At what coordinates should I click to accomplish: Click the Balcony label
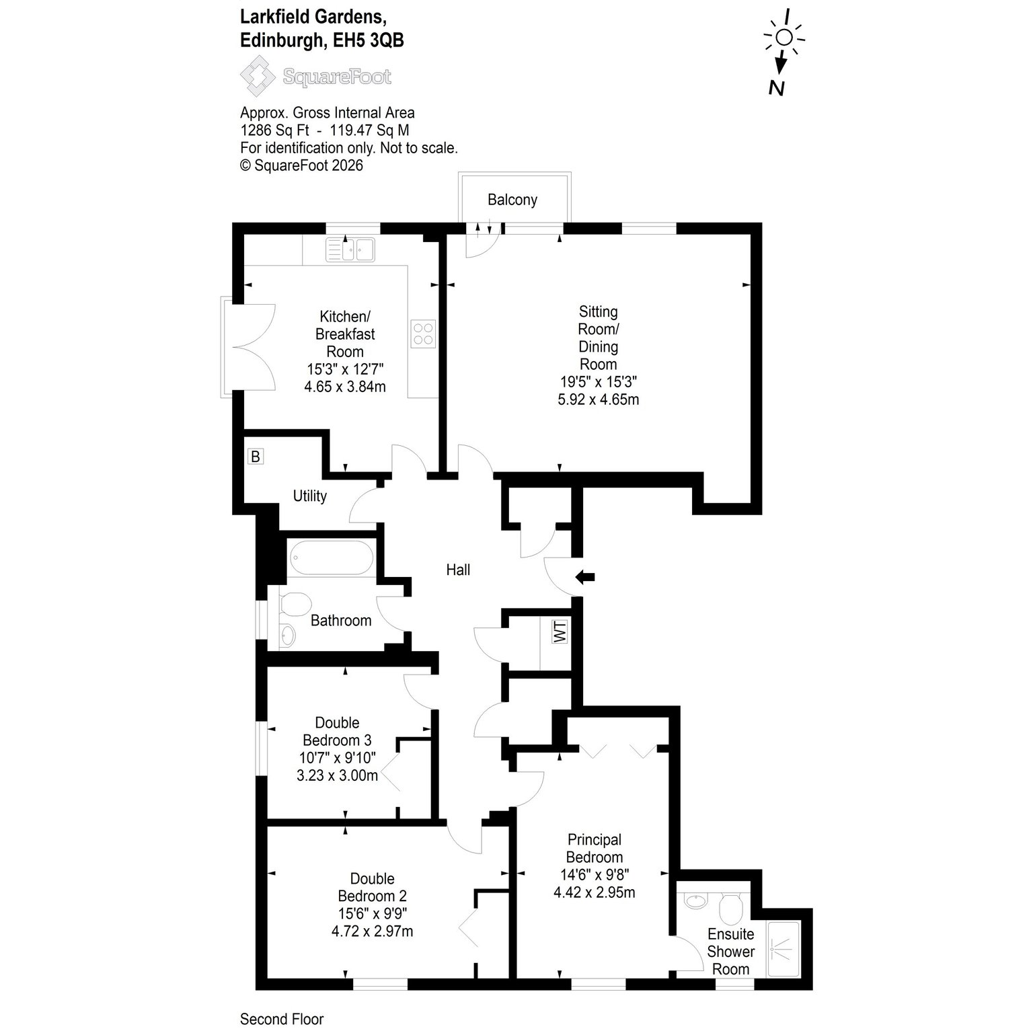(x=512, y=200)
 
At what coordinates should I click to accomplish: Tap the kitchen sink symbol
(x=350, y=250)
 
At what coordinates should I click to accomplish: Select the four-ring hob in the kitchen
(x=423, y=333)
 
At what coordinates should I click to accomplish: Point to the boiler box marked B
(x=255, y=457)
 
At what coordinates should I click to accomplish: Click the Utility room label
(x=310, y=496)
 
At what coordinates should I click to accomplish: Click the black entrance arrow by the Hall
(x=585, y=576)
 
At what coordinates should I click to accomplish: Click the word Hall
(x=458, y=570)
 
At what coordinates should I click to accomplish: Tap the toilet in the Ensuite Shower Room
(x=730, y=907)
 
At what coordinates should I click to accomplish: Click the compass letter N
(x=777, y=87)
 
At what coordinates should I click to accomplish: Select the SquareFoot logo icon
(x=259, y=76)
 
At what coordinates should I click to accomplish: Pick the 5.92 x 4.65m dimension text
(x=599, y=399)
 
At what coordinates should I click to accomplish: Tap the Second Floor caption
(x=282, y=1019)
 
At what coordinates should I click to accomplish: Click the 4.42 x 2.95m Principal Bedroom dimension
(x=595, y=892)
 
